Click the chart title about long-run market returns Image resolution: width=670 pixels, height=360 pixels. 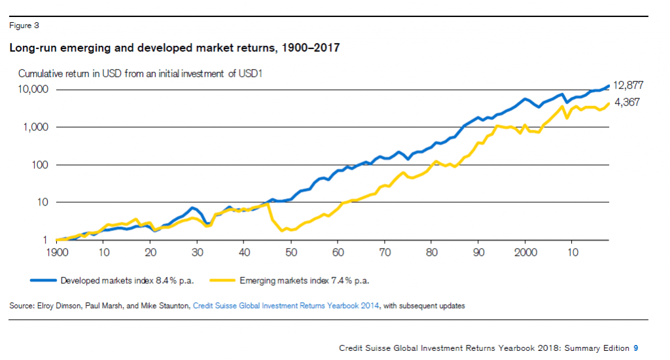(x=173, y=48)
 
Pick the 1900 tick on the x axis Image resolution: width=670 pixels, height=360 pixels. (x=57, y=253)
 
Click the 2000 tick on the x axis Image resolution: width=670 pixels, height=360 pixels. (x=525, y=253)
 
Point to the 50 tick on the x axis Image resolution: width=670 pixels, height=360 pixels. (x=291, y=253)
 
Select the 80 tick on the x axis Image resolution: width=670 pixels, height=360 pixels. (x=431, y=253)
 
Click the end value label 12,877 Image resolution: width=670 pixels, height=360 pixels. (x=628, y=85)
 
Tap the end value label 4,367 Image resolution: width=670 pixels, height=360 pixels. (x=627, y=102)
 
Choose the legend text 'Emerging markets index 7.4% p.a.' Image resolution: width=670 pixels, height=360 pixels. (x=304, y=280)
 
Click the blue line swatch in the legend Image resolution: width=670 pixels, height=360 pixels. (x=43, y=280)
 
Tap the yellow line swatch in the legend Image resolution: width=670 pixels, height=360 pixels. (x=222, y=280)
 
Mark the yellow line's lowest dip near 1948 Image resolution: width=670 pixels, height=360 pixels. (x=281, y=230)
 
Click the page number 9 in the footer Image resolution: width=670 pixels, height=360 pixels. (x=635, y=348)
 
